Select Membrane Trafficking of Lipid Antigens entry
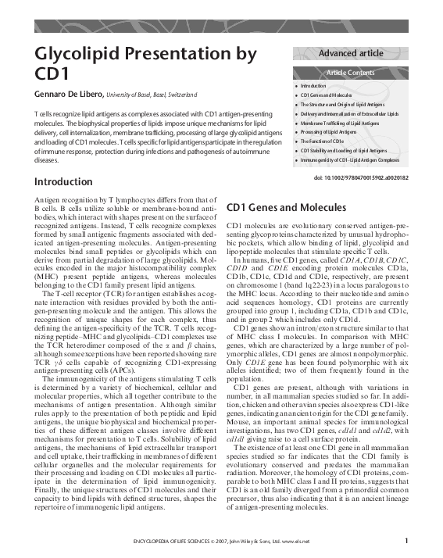click(340, 123)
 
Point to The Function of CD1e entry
click(321, 141)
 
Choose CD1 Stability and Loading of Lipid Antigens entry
click(344, 151)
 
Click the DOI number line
click(361, 178)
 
